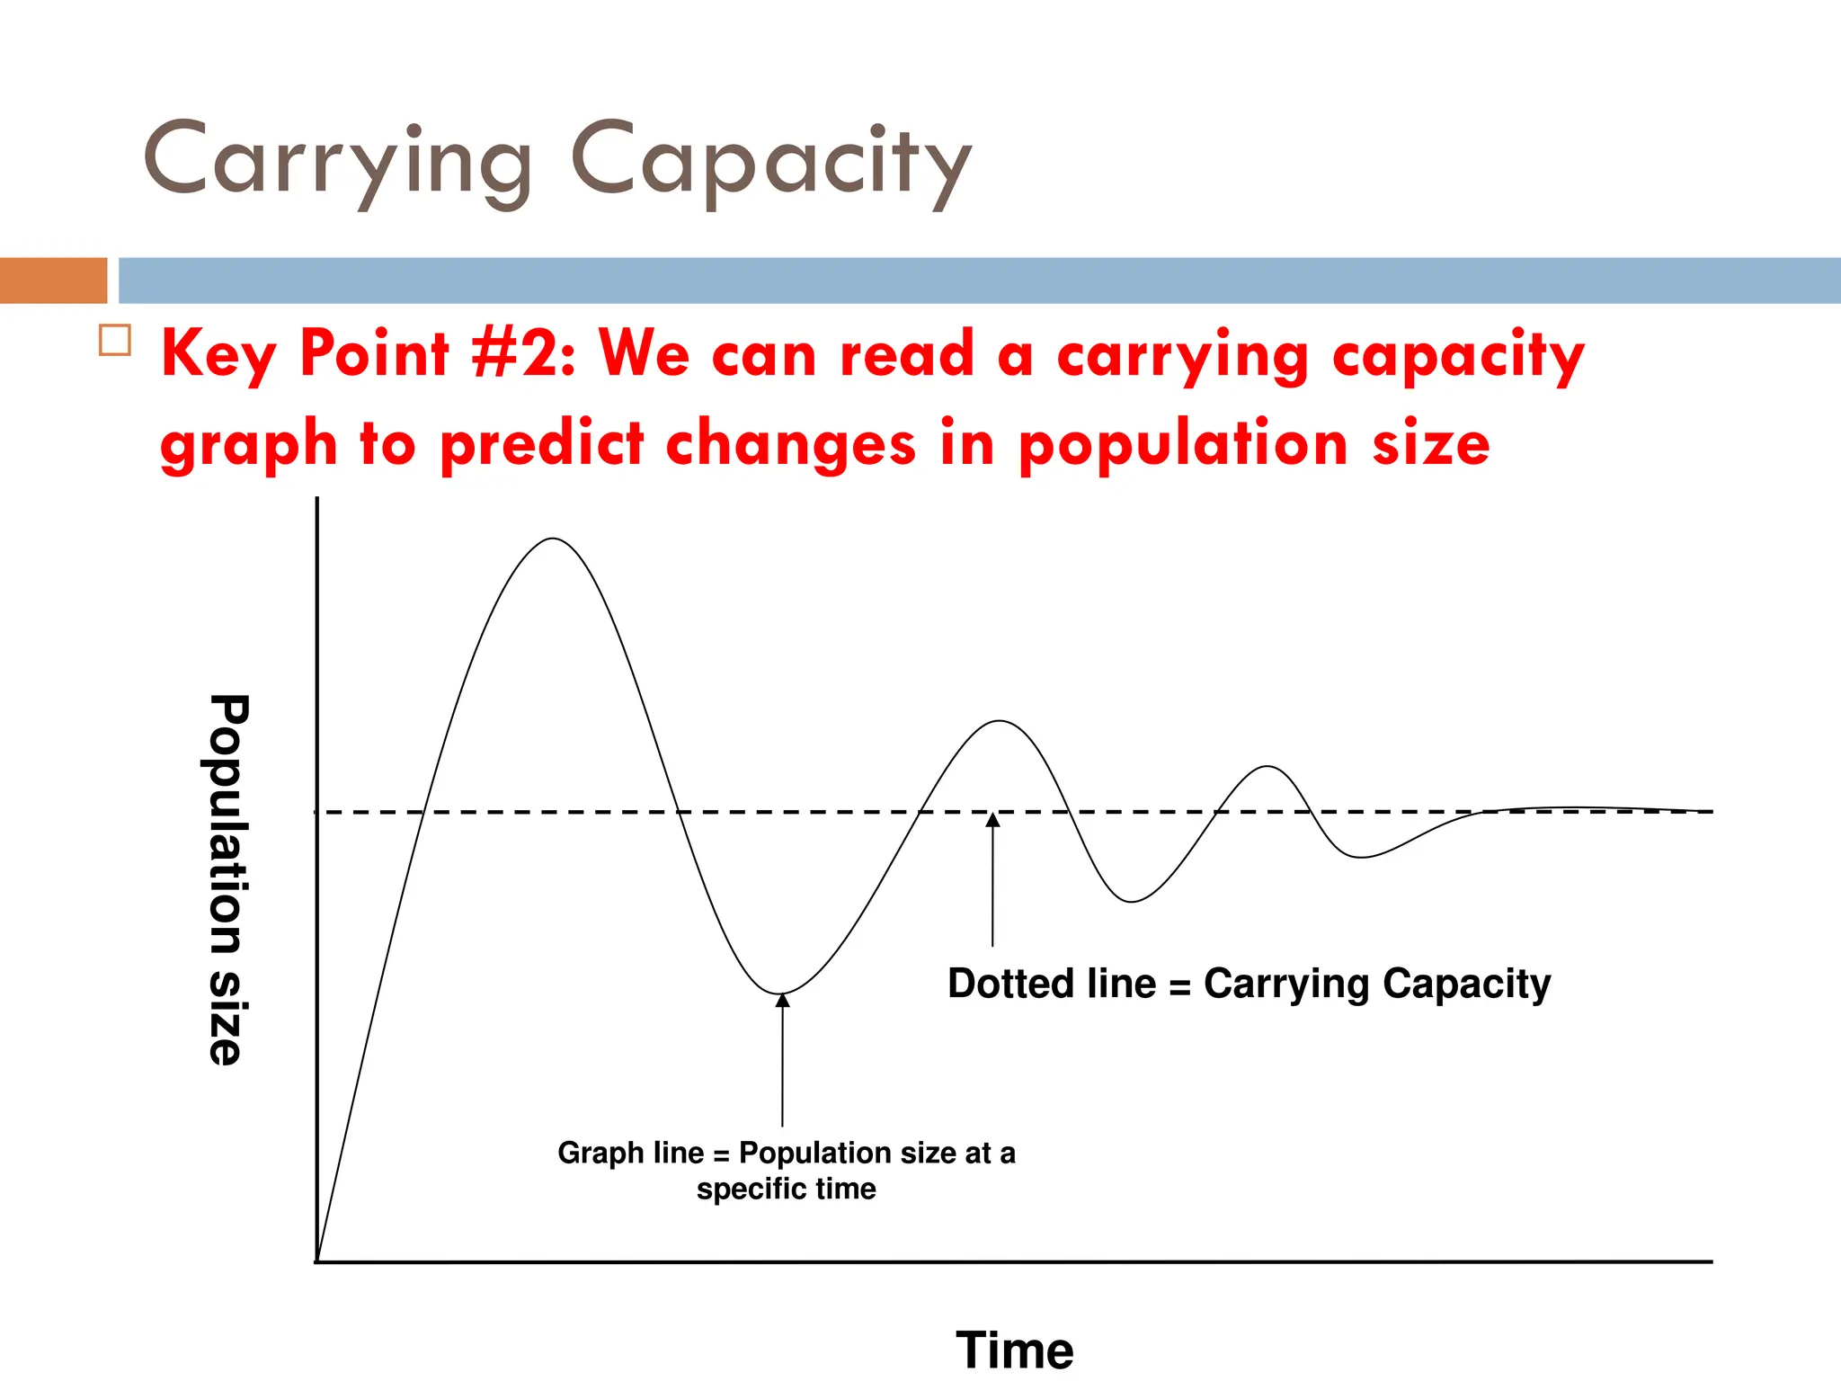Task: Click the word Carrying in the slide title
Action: pos(338,162)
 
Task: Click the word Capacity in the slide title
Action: pos(771,162)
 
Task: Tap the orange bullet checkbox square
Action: pos(115,341)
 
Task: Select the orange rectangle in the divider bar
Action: pos(53,280)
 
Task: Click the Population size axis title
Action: pos(226,879)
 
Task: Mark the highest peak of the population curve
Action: pos(553,539)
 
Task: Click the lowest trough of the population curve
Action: pos(781,993)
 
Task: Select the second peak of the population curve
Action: pos(999,721)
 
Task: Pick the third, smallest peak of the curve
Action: pos(1267,767)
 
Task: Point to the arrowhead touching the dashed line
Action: pos(992,819)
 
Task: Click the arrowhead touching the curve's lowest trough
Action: pos(782,1000)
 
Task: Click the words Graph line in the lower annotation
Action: pos(630,1153)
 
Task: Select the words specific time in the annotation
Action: pos(786,1189)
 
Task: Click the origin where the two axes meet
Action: pos(317,1261)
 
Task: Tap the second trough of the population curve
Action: pos(1131,901)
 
